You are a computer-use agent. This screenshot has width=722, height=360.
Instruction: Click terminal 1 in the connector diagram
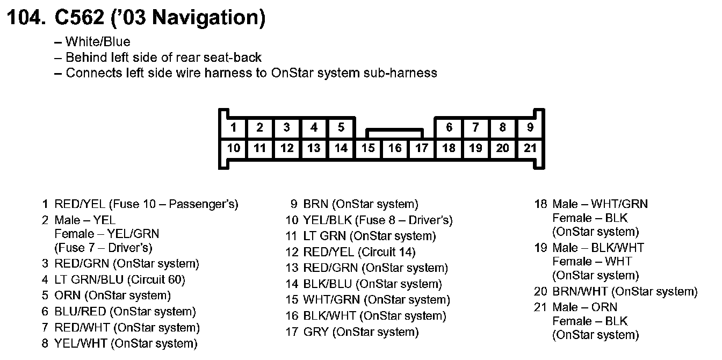(x=233, y=128)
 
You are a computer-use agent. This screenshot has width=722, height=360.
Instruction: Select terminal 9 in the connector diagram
(x=530, y=128)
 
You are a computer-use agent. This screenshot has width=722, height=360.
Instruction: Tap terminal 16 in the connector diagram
(x=395, y=148)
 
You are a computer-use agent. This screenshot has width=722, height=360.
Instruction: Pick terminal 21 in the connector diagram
(x=530, y=148)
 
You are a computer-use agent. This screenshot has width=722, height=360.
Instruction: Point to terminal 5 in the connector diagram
(x=341, y=128)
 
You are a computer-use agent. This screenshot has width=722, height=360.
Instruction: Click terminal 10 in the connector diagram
(x=233, y=148)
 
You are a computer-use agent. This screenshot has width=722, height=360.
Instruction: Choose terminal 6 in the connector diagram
(x=449, y=128)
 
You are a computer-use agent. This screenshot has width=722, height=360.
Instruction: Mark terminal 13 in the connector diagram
(x=314, y=148)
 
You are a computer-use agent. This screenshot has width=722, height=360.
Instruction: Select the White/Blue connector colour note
(x=98, y=42)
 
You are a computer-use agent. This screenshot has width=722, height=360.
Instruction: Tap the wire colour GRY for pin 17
(x=316, y=332)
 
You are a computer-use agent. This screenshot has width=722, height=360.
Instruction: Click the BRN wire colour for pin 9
(x=316, y=204)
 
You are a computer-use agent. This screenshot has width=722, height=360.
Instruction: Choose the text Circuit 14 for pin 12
(x=388, y=252)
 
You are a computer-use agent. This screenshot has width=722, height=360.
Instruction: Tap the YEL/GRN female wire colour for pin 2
(x=132, y=234)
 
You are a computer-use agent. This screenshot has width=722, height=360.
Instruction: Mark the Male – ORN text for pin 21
(x=585, y=307)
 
